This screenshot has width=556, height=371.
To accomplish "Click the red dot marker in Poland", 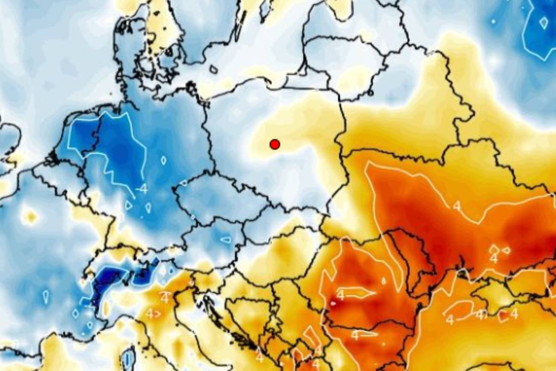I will click(x=275, y=144).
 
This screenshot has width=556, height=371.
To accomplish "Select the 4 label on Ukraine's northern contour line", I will click(x=457, y=206).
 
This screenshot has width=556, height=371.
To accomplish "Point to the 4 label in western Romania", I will click(x=341, y=295).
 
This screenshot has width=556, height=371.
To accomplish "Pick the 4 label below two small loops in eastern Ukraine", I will click(x=494, y=259).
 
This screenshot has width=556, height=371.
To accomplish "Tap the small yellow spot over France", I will click(x=29, y=217).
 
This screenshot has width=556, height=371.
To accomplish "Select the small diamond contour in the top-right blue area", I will click(x=543, y=22).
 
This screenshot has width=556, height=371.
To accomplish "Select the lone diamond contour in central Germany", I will click(x=163, y=160).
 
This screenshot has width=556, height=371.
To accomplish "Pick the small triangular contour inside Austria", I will click(x=225, y=239).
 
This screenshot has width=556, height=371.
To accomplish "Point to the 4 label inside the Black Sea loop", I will click(x=450, y=319).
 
